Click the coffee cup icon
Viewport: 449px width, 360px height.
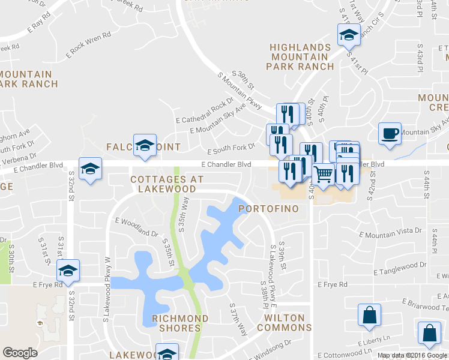[x=390, y=133]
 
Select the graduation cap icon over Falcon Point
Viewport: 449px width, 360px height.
[x=144, y=145]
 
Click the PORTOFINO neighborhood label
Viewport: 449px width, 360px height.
[x=267, y=209]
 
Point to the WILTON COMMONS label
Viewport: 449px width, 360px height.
[x=285, y=323]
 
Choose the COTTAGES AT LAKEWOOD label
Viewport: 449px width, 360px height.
[x=167, y=184]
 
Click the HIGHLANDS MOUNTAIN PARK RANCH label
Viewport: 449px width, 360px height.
[x=300, y=58]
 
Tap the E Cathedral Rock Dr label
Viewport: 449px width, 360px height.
[x=205, y=110]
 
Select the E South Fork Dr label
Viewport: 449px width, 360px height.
[x=231, y=149]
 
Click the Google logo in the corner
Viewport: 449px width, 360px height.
[x=20, y=353]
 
